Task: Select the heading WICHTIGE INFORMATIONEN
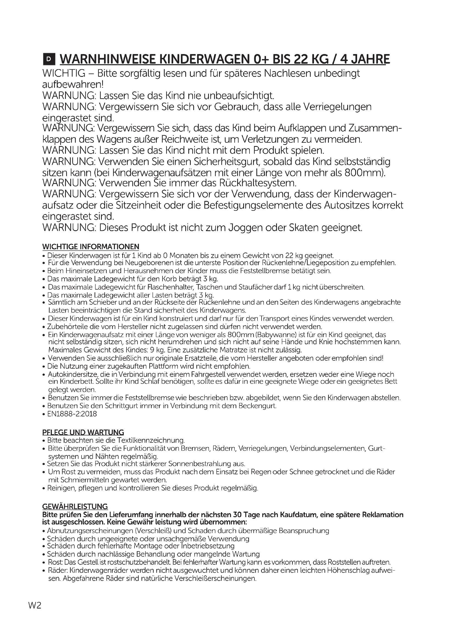coord(91,247)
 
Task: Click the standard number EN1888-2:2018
coord(72,414)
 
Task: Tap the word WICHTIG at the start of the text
coord(64,73)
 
